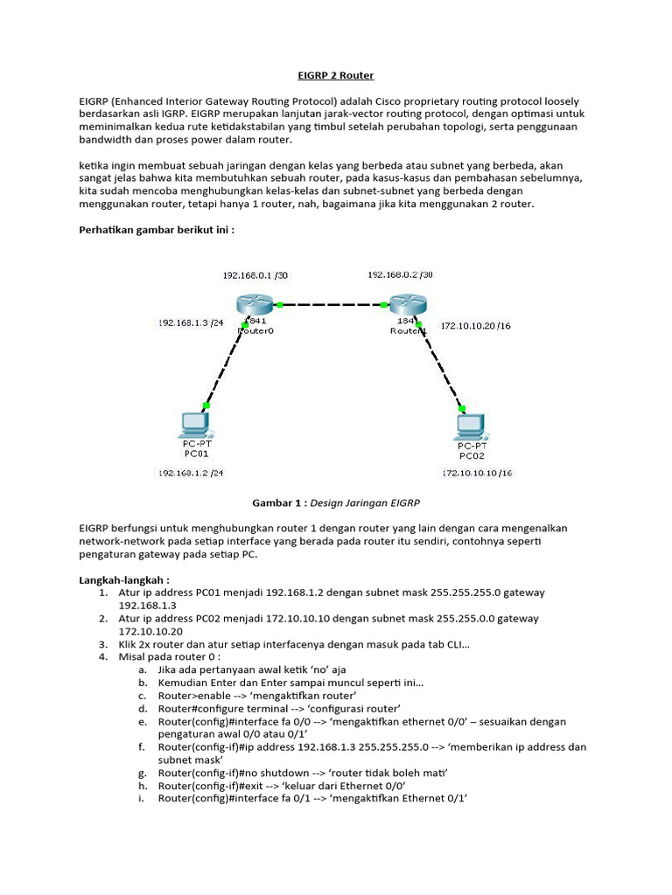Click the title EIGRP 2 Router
pos(336,76)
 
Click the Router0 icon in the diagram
pos(255,306)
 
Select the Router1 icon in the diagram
pos(407,306)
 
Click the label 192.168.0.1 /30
pos(255,275)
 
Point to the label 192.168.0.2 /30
pos(400,274)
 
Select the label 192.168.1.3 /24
pos(190,323)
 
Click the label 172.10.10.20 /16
pos(477,325)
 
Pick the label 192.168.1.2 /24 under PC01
pos(190,473)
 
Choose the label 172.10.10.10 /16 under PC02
pos(477,473)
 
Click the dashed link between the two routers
pos(331,306)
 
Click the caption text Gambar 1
pos(278,503)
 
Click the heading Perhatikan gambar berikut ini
pos(157,230)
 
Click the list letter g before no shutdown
pos(143,774)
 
